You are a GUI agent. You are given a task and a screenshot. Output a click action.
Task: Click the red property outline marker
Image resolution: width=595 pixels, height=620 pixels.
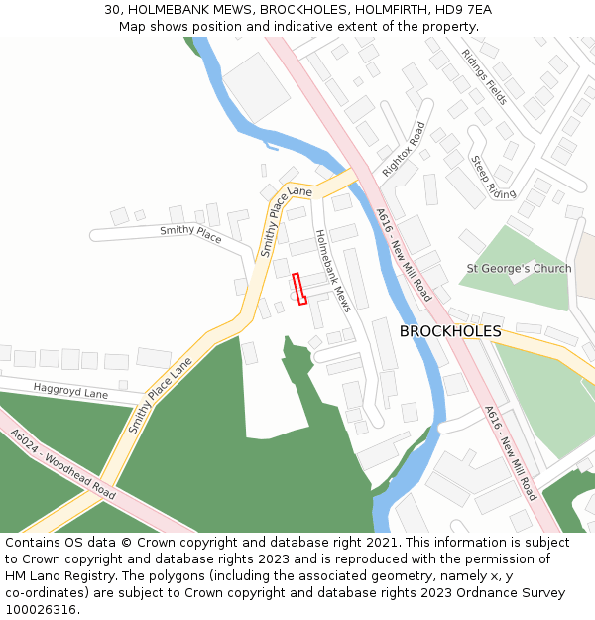pos(299,288)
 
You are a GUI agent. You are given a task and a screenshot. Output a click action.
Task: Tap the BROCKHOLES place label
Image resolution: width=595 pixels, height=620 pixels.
pos(450,331)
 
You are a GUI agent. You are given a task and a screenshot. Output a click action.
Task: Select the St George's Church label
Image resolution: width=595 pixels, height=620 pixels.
pos(519,268)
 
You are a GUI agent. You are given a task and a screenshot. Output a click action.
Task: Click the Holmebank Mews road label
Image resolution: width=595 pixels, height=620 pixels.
pos(333,271)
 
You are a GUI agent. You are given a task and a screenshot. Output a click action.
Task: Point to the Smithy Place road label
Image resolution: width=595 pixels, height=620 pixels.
pos(190,233)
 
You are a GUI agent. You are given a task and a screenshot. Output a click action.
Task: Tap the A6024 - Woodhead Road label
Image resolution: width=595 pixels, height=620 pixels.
pos(62,463)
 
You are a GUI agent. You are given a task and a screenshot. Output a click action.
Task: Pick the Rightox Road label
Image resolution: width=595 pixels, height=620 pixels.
pos(404,149)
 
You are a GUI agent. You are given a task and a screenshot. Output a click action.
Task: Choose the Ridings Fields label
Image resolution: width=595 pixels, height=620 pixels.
pos(485,77)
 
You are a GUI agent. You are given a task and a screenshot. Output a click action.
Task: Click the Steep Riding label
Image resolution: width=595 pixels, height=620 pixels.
pos(493,178)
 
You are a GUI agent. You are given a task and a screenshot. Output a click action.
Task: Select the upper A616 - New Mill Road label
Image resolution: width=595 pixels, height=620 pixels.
pos(403,255)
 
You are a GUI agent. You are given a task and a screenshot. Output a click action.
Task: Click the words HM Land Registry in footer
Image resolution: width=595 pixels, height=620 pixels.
pos(56,576)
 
